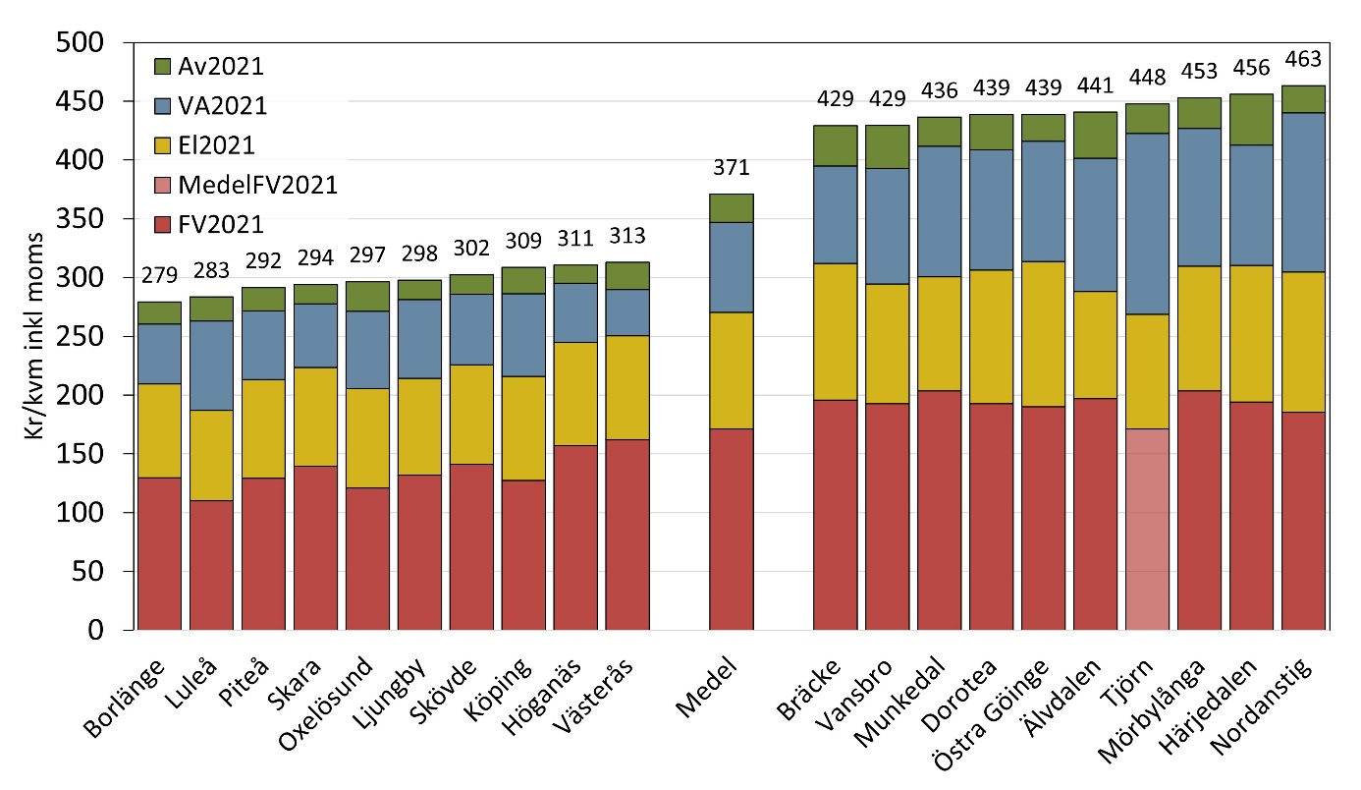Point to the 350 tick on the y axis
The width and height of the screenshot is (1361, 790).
pos(85,219)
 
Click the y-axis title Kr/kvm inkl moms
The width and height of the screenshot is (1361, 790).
pos(37,336)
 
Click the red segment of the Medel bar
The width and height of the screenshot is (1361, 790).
pos(731,529)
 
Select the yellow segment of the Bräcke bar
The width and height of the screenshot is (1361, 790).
pos(835,331)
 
